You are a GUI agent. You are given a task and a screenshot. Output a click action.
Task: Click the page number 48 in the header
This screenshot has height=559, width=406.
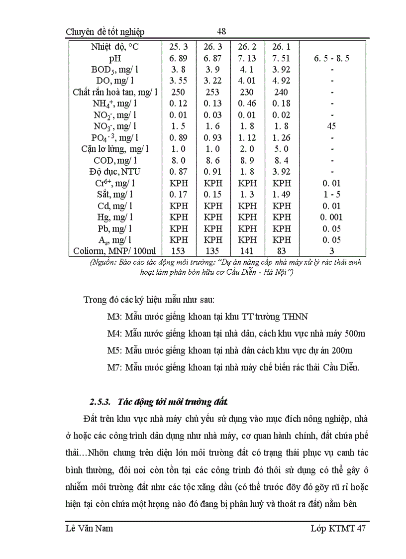point(222,31)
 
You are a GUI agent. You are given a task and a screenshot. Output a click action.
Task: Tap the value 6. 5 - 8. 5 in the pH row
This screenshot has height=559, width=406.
point(331,58)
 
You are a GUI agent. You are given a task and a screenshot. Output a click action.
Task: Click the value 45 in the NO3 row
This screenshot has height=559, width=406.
point(331,126)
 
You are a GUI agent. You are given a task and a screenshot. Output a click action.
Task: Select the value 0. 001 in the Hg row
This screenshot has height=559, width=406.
point(331,217)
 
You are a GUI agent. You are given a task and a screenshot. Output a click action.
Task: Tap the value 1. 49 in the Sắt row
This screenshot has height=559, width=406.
point(282,194)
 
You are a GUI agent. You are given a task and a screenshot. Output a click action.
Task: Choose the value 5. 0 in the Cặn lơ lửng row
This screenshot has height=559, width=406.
point(282,149)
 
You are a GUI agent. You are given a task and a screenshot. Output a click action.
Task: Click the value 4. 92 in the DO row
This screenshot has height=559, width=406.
point(282,81)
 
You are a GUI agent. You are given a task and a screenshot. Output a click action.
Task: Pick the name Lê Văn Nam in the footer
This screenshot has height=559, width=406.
point(89,528)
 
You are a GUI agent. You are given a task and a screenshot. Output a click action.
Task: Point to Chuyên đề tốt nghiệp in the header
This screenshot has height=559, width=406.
point(105,32)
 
